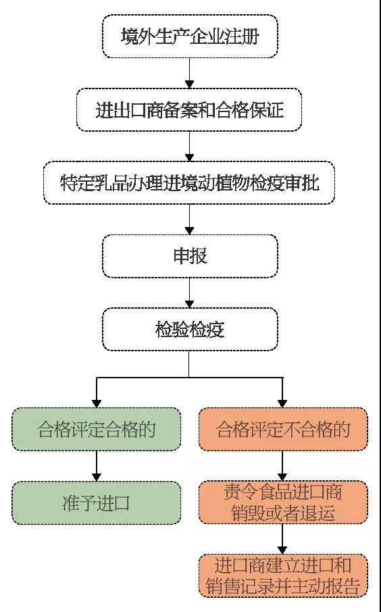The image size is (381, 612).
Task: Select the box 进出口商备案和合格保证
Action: (x=190, y=109)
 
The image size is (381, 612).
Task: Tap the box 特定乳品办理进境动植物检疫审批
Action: (x=189, y=182)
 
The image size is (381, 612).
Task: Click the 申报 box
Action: (x=190, y=256)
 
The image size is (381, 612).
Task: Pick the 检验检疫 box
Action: (x=190, y=330)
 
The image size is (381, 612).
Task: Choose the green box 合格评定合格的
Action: (x=96, y=429)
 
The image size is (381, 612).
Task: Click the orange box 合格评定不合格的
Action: (x=283, y=429)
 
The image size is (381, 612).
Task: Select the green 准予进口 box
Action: (x=96, y=503)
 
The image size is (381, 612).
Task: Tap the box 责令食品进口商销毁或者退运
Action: (x=283, y=503)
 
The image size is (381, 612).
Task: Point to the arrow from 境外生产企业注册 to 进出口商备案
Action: (x=190, y=72)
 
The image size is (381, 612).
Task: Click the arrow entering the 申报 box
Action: (x=190, y=219)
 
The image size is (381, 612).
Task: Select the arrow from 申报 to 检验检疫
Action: (x=190, y=292)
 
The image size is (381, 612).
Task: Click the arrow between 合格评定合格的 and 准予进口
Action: (x=97, y=465)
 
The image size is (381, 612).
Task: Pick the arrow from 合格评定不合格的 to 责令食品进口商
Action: (x=283, y=465)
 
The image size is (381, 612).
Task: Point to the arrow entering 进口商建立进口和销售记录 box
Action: (x=283, y=539)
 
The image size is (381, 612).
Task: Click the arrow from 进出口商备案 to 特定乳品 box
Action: (x=190, y=145)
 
